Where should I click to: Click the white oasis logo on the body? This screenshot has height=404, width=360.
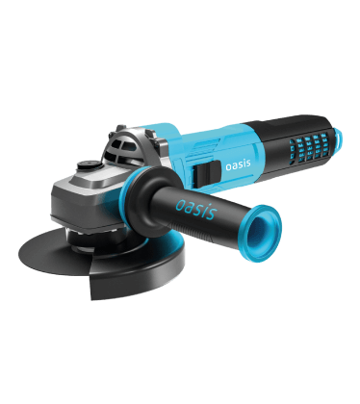point(238,164)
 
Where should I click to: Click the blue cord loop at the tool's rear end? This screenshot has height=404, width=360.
point(338,138)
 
